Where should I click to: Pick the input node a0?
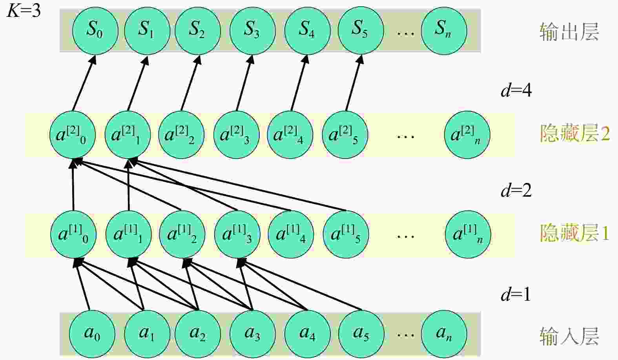92,334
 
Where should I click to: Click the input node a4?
307,334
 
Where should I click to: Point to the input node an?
444,334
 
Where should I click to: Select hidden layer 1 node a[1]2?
182,234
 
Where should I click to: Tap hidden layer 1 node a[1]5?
346,234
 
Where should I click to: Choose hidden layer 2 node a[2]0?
73,135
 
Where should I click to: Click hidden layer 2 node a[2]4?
290,135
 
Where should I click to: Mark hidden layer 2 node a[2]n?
467,135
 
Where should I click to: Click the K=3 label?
24,11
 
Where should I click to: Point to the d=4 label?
516,90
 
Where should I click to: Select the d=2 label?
516,190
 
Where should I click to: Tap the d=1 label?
516,294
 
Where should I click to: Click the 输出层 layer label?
569,32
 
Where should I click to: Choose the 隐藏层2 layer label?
575,133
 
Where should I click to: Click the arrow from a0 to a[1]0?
82,284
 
